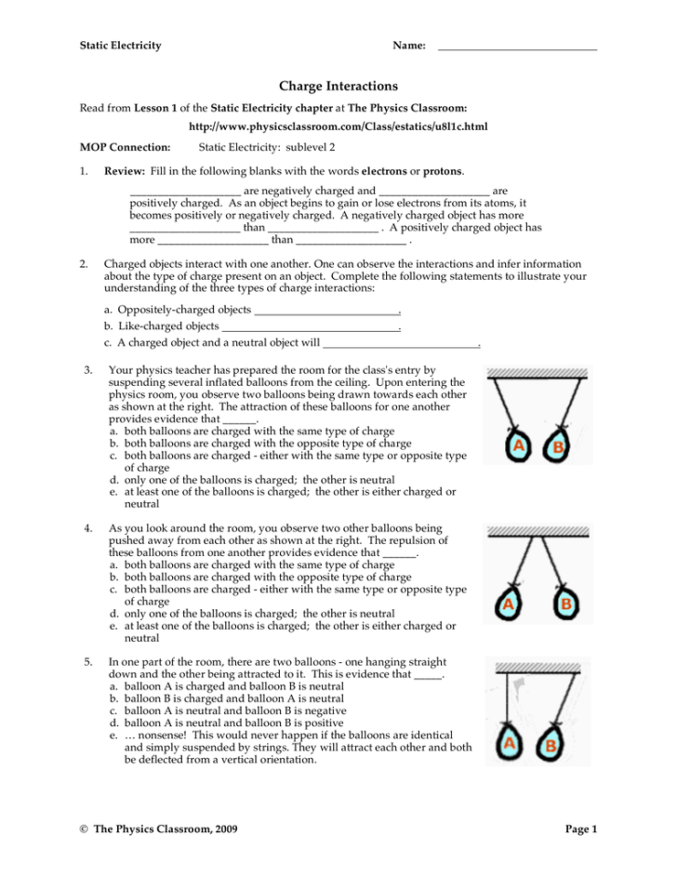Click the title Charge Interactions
pyautogui.click(x=338, y=86)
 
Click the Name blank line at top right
pyautogui.click(x=516, y=48)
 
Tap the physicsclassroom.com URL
pyautogui.click(x=338, y=126)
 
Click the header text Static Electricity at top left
pyautogui.click(x=120, y=46)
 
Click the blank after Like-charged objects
pyautogui.click(x=311, y=327)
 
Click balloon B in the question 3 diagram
pyautogui.click(x=558, y=446)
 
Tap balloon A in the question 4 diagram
pyautogui.click(x=509, y=606)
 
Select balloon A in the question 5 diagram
pyautogui.click(x=509, y=744)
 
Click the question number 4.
pyautogui.click(x=86, y=528)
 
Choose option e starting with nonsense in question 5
pyautogui.click(x=288, y=747)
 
